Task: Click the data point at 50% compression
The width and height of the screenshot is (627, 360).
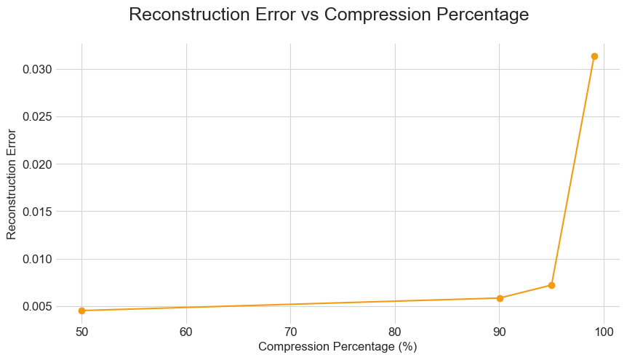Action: tap(82, 311)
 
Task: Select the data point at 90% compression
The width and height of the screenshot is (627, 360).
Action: tap(500, 298)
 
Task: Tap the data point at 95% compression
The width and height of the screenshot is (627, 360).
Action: tap(551, 285)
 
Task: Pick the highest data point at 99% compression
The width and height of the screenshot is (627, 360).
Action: tap(594, 56)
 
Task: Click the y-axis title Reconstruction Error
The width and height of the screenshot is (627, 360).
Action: tap(12, 184)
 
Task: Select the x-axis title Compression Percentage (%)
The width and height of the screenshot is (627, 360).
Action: tap(338, 347)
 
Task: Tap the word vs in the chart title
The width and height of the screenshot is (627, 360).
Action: tap(309, 15)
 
